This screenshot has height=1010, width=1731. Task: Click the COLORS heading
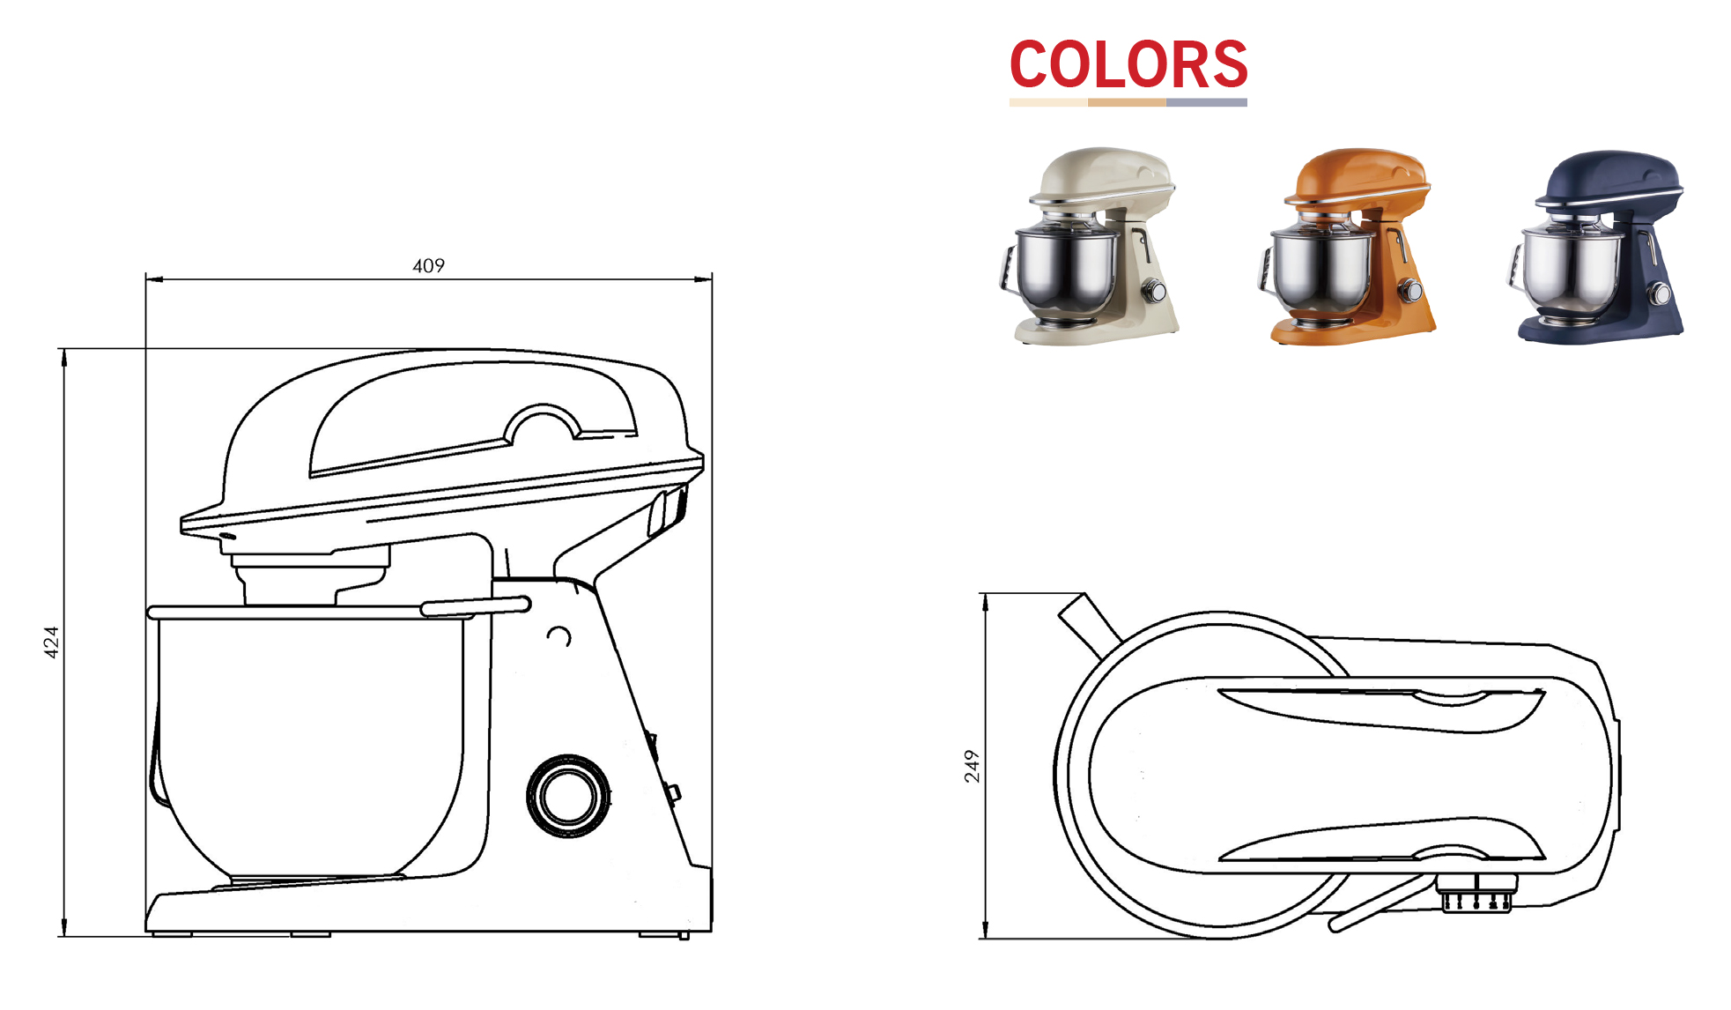click(x=1128, y=64)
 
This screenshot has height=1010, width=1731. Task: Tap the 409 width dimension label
click(x=429, y=265)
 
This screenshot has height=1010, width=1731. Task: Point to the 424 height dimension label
click(x=51, y=642)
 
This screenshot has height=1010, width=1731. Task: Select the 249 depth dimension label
click(x=971, y=766)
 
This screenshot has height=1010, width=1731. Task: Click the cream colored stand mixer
click(x=1089, y=246)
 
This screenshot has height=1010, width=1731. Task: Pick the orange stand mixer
click(x=1346, y=246)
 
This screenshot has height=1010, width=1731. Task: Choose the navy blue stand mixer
click(x=1595, y=246)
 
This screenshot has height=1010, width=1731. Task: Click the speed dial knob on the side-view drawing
click(x=568, y=796)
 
